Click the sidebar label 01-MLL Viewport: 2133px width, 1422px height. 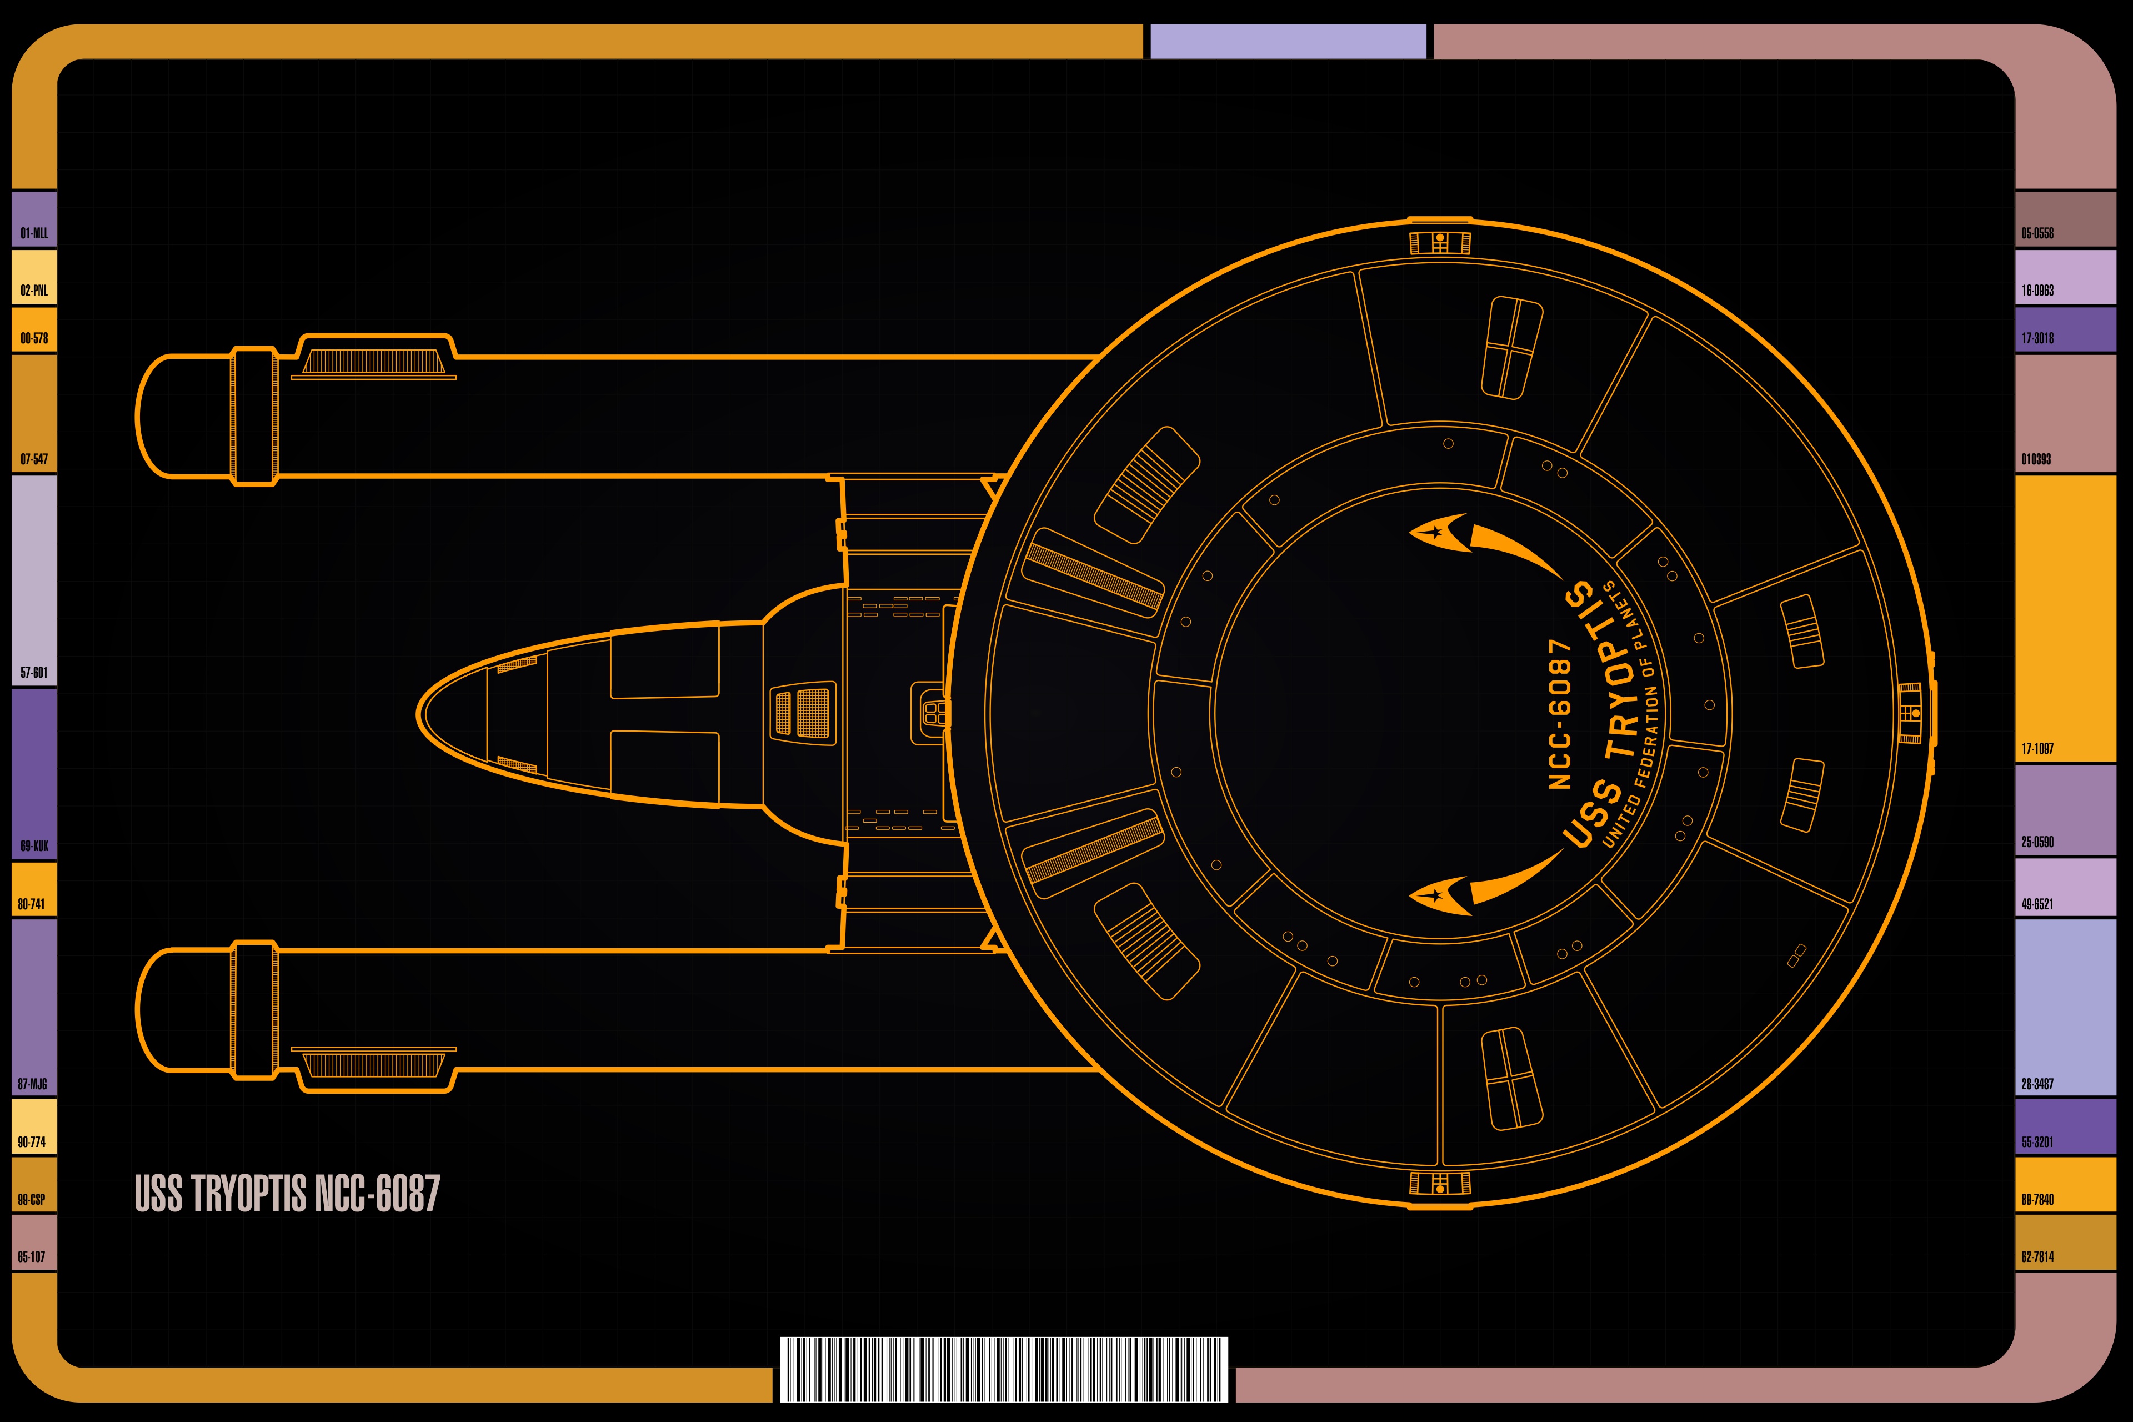(34, 233)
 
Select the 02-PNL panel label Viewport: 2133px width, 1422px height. (34, 290)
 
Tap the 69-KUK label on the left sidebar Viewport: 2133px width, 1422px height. (34, 846)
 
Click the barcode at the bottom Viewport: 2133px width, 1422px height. (1004, 1369)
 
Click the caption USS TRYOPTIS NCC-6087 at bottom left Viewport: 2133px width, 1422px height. (287, 1194)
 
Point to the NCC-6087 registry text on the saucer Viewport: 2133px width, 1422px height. (1559, 714)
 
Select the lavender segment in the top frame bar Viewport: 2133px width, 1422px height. (1288, 42)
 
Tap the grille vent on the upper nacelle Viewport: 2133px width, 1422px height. (374, 363)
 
